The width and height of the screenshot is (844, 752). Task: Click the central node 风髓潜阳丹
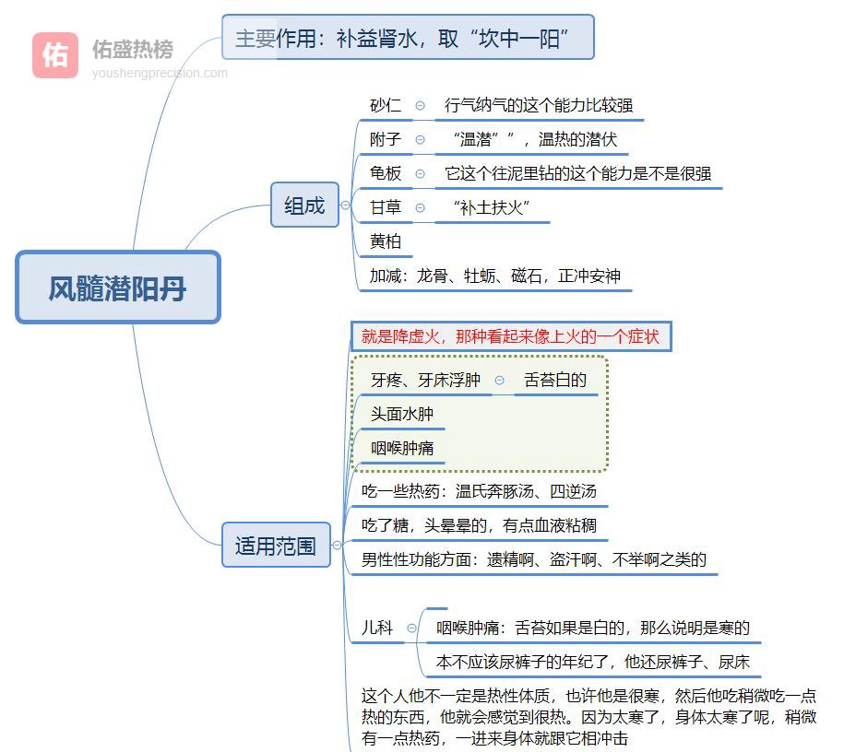118,288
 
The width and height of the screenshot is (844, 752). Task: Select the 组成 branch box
304,206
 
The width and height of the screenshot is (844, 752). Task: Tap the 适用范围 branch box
276,546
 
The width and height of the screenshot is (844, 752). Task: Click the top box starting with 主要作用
408,38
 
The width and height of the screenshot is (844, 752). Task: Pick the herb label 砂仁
386,106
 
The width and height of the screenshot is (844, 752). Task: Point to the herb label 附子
386,139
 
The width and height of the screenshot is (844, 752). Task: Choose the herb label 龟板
386,173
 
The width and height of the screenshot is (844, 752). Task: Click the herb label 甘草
386,207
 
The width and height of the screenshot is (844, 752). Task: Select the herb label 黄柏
386,241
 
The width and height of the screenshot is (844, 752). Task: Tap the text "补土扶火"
493,207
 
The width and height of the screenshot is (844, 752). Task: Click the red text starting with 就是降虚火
510,336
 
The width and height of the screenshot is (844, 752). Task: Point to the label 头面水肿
402,414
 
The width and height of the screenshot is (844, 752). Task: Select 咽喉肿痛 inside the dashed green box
402,449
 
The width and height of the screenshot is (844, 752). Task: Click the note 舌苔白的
555,380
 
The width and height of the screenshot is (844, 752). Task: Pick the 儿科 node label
377,628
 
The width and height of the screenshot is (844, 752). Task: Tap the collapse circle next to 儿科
411,629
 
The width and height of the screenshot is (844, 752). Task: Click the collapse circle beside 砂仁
421,106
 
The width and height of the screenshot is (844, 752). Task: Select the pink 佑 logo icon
55,55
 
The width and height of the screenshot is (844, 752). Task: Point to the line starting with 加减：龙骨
495,276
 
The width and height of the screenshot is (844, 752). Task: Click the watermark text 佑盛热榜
132,49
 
